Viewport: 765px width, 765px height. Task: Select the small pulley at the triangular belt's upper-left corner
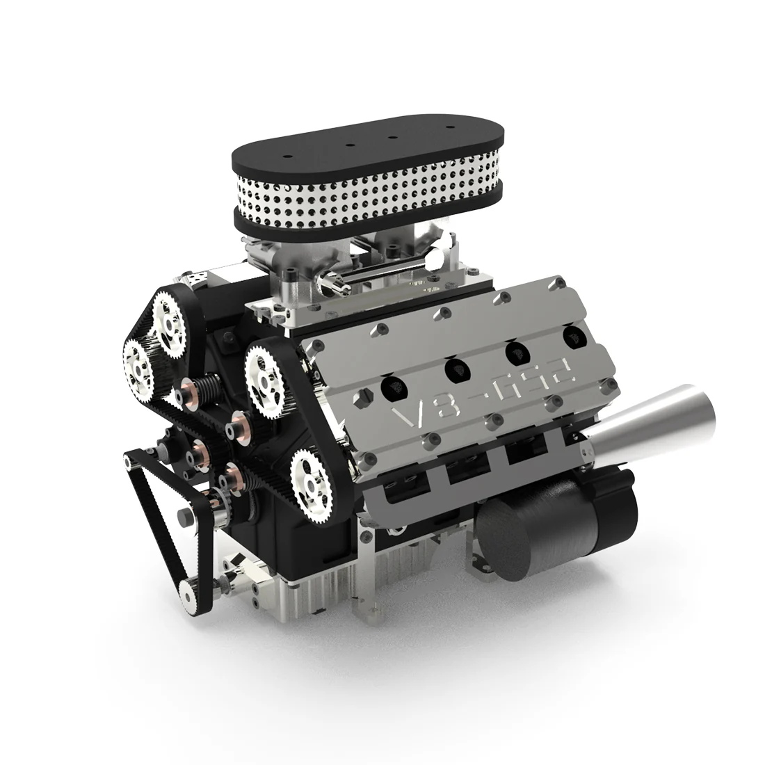(x=130, y=460)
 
